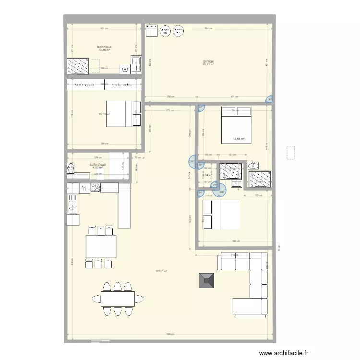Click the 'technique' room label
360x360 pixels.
(x=104, y=47)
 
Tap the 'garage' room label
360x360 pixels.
(x=208, y=61)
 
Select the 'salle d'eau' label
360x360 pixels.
(x=97, y=165)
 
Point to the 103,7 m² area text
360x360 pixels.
(x=162, y=272)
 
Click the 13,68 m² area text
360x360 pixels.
(x=239, y=139)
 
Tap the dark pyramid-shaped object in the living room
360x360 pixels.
(x=208, y=280)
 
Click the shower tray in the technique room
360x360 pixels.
(x=78, y=66)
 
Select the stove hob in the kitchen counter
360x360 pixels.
(x=95, y=188)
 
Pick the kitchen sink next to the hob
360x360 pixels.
(x=84, y=188)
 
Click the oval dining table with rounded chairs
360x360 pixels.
(x=118, y=299)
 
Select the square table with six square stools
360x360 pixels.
(x=100, y=247)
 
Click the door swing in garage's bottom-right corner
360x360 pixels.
(x=269, y=99)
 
